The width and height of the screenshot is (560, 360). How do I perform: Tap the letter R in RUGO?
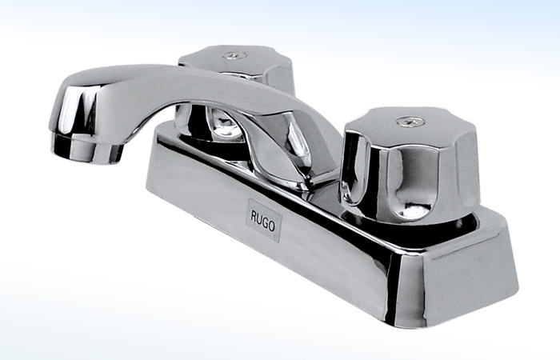[x=254, y=217]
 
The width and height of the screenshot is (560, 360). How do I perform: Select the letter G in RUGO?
[x=266, y=222]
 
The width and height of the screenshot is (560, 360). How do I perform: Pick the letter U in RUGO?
[x=260, y=219]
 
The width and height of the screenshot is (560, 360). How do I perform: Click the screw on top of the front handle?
[x=410, y=122]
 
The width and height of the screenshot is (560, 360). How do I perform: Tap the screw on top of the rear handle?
[x=235, y=55]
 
